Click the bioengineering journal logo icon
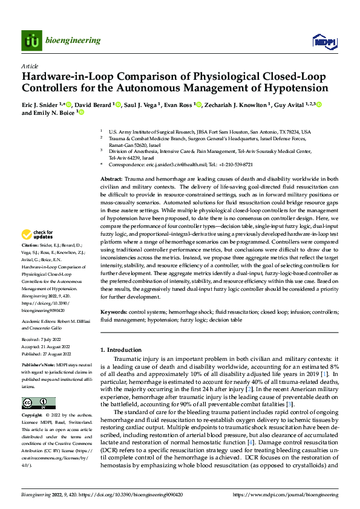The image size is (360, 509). coord(31,41)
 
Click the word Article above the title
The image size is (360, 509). coord(29,65)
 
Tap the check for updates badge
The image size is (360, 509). coord(38,235)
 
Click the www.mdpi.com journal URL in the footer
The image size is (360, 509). coord(291,495)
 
